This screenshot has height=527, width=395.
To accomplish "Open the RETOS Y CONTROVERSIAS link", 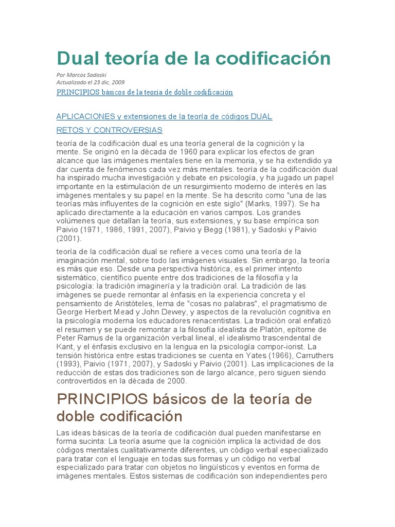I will point(109,130).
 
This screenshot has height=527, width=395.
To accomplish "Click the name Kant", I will point(65,347).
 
